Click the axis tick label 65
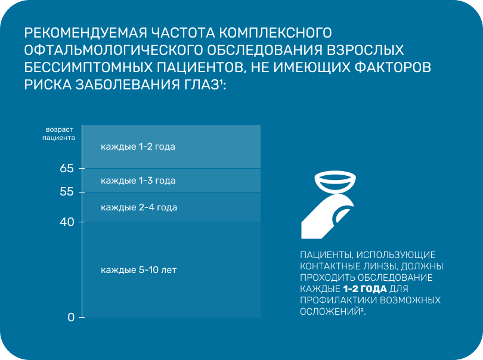point(67,168)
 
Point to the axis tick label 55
point(67,192)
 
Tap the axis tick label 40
point(67,222)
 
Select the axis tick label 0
point(71,317)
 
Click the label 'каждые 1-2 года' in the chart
point(138,147)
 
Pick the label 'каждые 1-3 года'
point(138,180)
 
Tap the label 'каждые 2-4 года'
point(139,207)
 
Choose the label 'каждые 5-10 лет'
point(139,270)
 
